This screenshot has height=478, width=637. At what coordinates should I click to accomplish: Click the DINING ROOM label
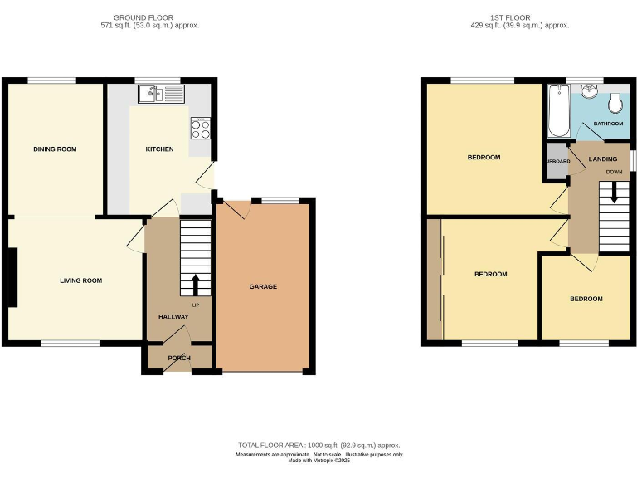pyautogui.click(x=55, y=149)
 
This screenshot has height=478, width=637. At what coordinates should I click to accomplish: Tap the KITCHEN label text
pyautogui.click(x=159, y=149)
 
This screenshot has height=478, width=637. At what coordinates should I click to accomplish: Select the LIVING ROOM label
pyautogui.click(x=80, y=280)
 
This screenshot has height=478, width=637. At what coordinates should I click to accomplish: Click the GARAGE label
pyautogui.click(x=263, y=286)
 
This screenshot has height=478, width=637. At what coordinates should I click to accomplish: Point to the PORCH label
pyautogui.click(x=179, y=358)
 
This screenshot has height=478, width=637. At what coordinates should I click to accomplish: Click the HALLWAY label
pyautogui.click(x=173, y=317)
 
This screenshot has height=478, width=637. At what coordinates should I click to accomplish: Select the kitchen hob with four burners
pyautogui.click(x=201, y=129)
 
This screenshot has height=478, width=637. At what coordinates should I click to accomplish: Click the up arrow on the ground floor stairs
pyautogui.click(x=195, y=285)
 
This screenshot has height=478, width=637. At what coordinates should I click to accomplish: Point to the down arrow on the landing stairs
pyautogui.click(x=614, y=193)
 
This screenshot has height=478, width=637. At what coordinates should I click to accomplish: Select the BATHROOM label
pyautogui.click(x=607, y=124)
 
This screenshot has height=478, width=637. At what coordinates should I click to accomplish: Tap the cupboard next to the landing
pyautogui.click(x=554, y=161)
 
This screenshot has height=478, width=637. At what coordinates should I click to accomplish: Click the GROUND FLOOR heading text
pyautogui.click(x=144, y=17)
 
